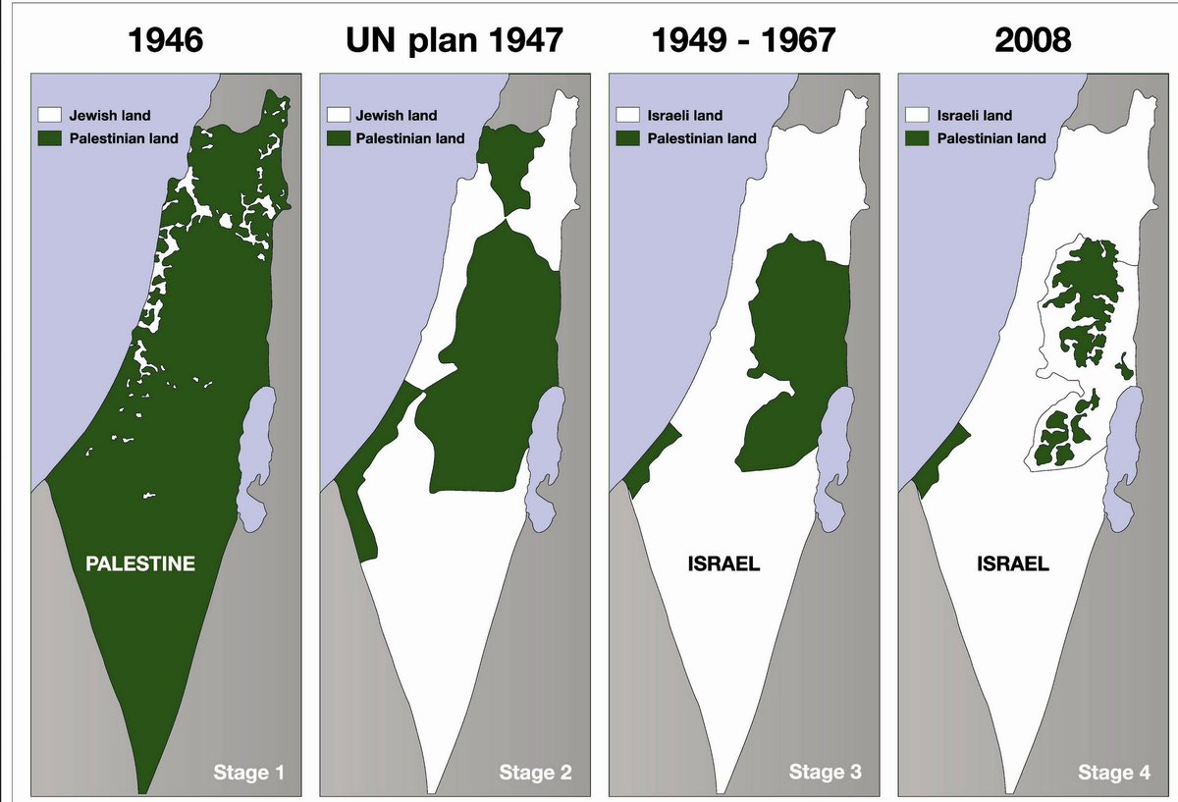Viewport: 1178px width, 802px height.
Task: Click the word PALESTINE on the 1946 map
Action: click(140, 564)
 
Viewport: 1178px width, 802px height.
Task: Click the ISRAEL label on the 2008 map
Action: click(1013, 564)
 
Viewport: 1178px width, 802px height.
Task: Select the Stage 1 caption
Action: click(249, 773)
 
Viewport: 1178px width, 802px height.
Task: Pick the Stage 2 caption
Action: click(535, 773)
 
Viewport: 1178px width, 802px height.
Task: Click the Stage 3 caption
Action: click(826, 773)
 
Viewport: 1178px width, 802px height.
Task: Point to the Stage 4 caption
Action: click(1114, 773)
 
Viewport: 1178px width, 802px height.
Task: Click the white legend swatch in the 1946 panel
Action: click(49, 116)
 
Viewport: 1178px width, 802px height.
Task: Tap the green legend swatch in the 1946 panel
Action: click(49, 138)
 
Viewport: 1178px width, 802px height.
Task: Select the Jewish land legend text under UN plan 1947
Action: click(397, 116)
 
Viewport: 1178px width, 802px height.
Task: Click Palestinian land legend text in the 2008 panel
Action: click(991, 138)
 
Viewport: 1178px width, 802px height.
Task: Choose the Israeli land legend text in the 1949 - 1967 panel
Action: click(687, 116)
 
